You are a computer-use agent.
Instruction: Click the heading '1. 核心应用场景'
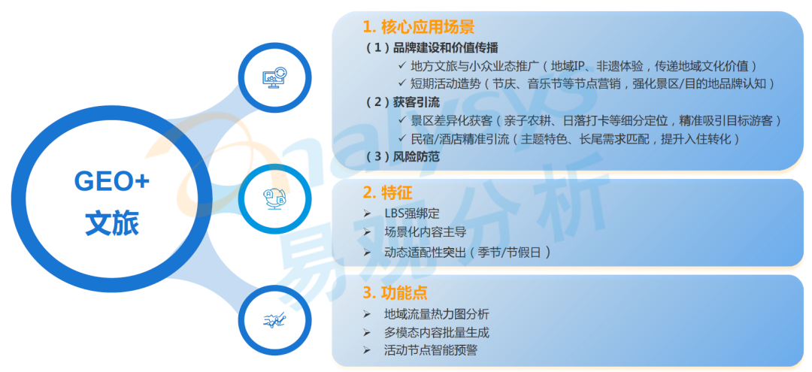point(419,26)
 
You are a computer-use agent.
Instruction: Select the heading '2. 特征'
point(387,193)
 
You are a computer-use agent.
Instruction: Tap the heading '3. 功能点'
point(395,293)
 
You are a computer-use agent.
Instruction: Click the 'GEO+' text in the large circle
point(112,182)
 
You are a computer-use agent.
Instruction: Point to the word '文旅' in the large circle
point(112,224)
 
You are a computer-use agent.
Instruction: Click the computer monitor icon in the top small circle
point(274,78)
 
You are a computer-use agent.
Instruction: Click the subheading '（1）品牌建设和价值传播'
point(432,48)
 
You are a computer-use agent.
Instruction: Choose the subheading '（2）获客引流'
point(403,102)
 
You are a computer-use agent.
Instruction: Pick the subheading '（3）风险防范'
point(403,157)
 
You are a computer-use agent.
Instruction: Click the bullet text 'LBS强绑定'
point(412,213)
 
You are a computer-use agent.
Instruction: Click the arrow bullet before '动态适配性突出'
point(367,253)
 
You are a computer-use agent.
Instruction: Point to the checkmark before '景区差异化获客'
point(402,120)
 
